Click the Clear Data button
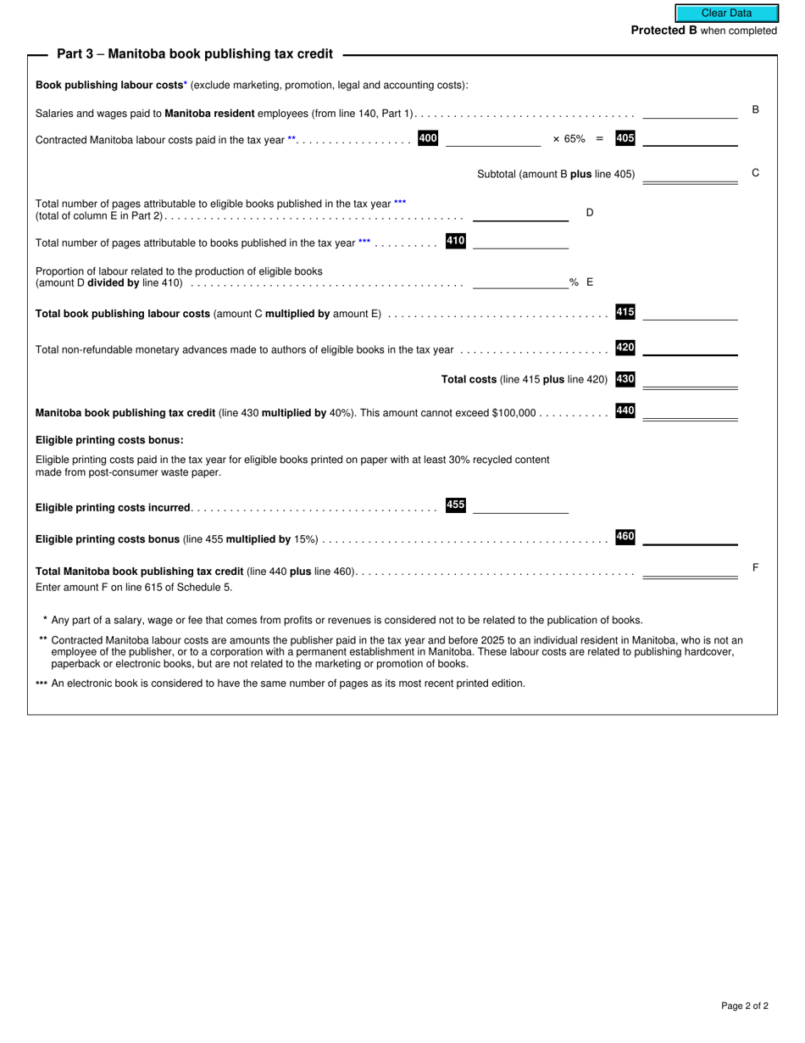tap(726, 13)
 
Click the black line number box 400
tap(428, 138)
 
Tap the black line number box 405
tap(625, 138)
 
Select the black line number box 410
tap(455, 241)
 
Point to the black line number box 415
tap(625, 312)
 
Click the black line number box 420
tap(625, 348)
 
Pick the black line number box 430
tap(625, 379)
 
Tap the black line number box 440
tap(625, 411)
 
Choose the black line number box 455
tap(455, 505)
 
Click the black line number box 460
tap(625, 537)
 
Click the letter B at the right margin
tap(755, 109)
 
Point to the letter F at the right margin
tap(755, 567)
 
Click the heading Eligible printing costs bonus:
tap(109, 440)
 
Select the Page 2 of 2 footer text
tap(745, 1006)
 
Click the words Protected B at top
tap(663, 31)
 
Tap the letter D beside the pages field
tap(590, 213)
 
